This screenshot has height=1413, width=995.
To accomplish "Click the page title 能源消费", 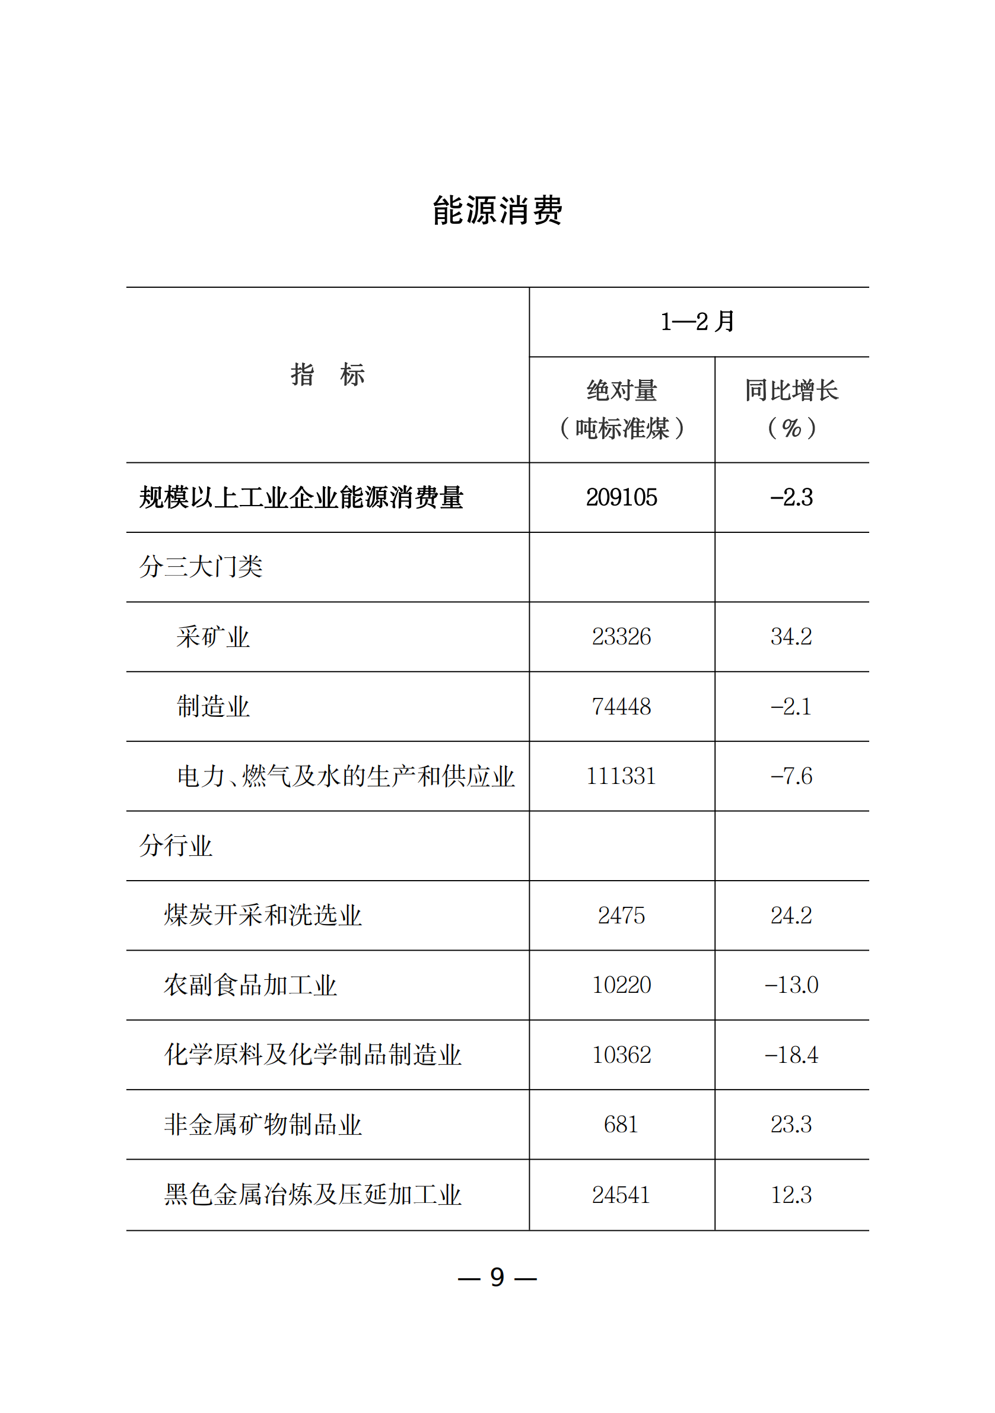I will coord(497,211).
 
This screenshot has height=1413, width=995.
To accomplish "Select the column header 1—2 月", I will coord(698,321).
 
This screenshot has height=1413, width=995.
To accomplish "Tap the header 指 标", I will coord(328,374).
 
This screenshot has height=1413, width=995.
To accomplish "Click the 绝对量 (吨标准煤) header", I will coord(621,409).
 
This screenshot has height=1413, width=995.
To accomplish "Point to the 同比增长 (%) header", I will coord(791,409).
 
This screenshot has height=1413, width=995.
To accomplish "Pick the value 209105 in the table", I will coord(621,497).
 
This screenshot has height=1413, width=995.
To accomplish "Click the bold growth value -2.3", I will coord(791,497).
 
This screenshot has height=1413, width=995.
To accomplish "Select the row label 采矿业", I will coord(213,636).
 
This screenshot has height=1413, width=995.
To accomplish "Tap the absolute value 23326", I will coord(621,636).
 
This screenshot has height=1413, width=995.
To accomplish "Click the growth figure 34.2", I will coord(791,636).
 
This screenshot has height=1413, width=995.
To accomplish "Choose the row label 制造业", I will coord(213,706).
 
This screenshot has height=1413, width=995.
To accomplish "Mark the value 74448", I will coord(621,706).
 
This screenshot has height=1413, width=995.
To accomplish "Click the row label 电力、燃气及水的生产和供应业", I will coord(345,776).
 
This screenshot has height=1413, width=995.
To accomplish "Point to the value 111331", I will coord(621,776).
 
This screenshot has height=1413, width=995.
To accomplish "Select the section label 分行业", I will coord(176,846).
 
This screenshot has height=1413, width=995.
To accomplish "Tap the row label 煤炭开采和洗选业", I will coord(263,915).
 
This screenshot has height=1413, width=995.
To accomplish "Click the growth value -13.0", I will coord(791,985).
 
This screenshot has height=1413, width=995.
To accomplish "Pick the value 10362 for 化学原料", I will coord(621,1055).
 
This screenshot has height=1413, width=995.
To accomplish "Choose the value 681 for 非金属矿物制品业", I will coord(621,1125).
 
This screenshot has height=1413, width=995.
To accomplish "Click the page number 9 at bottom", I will coord(497,1278).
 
